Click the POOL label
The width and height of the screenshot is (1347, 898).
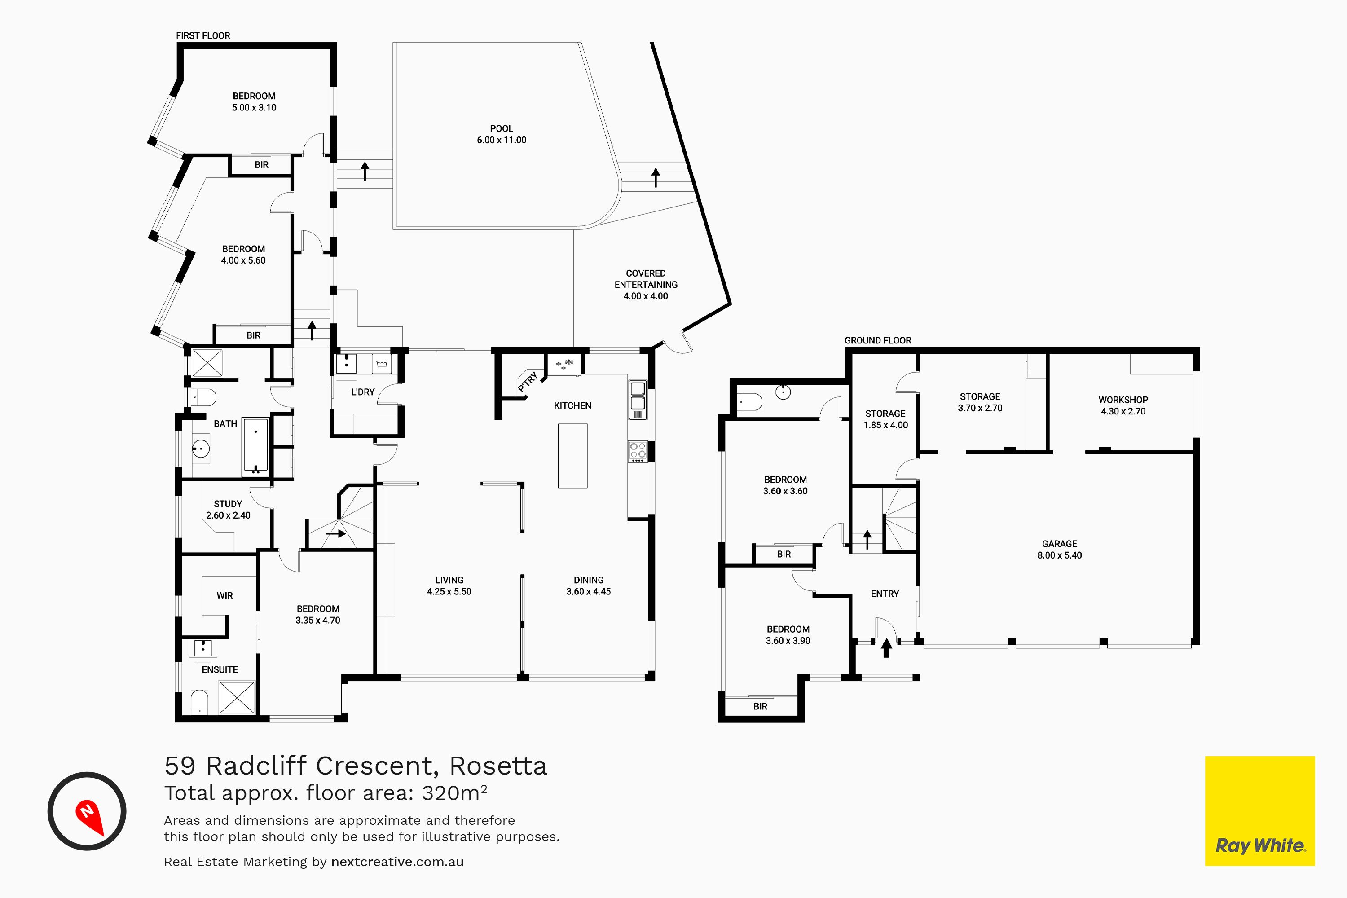[x=501, y=129]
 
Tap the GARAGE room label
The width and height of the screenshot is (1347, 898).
[x=1060, y=544]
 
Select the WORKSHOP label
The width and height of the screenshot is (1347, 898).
[x=1123, y=400]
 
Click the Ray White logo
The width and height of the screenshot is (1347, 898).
[x=1260, y=811]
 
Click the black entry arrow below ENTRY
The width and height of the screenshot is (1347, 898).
[x=886, y=648]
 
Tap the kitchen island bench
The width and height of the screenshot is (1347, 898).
[x=573, y=456]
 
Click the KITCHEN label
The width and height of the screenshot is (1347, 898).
[x=573, y=405]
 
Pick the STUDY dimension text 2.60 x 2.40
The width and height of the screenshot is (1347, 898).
[x=228, y=515]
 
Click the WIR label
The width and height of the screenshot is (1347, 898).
[x=224, y=596]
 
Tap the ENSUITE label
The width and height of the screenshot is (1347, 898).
[x=220, y=669]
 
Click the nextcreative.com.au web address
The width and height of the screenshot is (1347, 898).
[x=397, y=862]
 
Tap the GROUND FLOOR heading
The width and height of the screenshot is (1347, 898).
[x=878, y=340]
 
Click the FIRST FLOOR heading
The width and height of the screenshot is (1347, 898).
[x=203, y=35]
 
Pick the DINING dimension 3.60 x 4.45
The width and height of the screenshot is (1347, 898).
[x=589, y=592]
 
